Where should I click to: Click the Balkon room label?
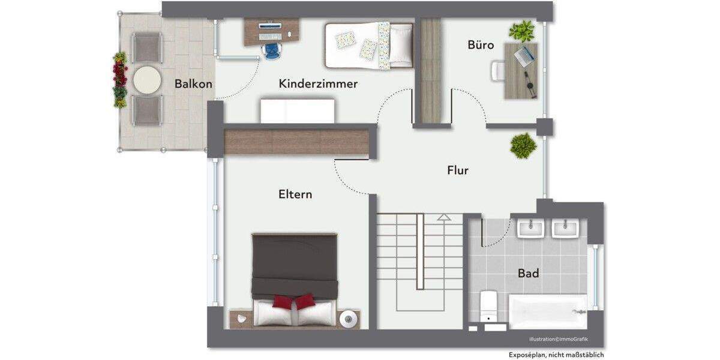coord(193,84)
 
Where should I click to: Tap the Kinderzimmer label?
coord(318,84)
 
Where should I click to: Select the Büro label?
coord(481,45)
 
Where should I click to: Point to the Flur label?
coord(457,170)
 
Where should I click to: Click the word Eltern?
coord(295,194)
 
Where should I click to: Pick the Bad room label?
coord(528,274)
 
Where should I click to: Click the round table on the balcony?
coord(147,79)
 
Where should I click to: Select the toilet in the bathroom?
coord(488,306)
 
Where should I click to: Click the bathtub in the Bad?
coord(547,311)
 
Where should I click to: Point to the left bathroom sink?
coord(530,228)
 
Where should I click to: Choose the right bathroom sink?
coord(565,228)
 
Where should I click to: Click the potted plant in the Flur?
coord(523,146)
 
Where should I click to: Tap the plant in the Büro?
coord(521,31)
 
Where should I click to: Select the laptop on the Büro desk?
coord(524,55)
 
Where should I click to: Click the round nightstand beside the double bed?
coord(349,319)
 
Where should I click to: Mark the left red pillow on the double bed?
coord(283,302)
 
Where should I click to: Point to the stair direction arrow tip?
coord(443,217)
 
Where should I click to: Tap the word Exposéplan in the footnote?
coord(526,355)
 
